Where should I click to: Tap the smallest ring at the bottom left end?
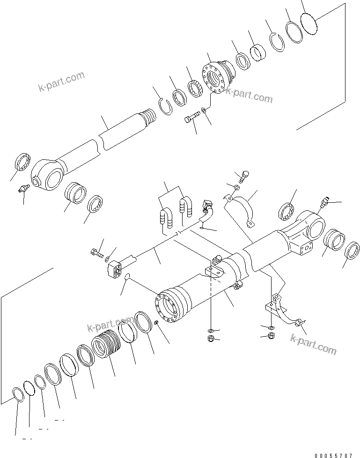[x=17, y=394]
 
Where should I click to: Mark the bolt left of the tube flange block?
[x=96, y=253]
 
